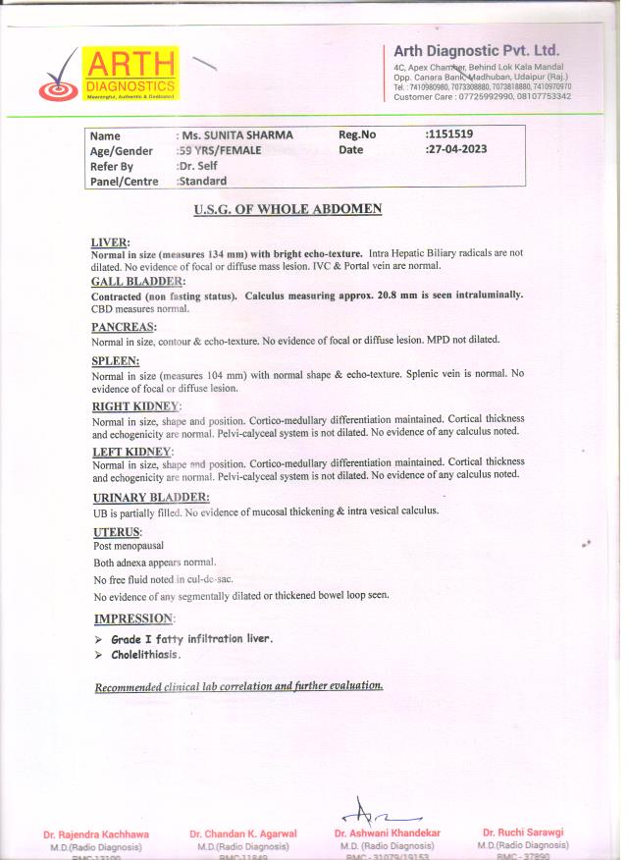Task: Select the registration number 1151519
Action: tap(450, 134)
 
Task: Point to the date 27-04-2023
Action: tap(456, 150)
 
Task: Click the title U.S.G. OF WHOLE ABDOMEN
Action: tap(288, 209)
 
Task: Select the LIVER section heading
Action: tap(110, 242)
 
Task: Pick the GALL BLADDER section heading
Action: tap(137, 283)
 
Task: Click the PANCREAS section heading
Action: tap(124, 327)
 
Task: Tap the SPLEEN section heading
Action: tap(118, 361)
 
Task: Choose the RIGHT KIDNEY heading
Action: tap(136, 406)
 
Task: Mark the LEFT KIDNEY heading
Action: tap(132, 452)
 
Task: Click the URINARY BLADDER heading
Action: tap(150, 498)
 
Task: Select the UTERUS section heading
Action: tap(117, 532)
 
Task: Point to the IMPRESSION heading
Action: tap(133, 618)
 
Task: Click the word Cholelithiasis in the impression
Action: tap(145, 655)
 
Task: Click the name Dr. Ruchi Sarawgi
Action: tap(523, 833)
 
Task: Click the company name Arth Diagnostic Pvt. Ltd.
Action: tap(476, 51)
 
